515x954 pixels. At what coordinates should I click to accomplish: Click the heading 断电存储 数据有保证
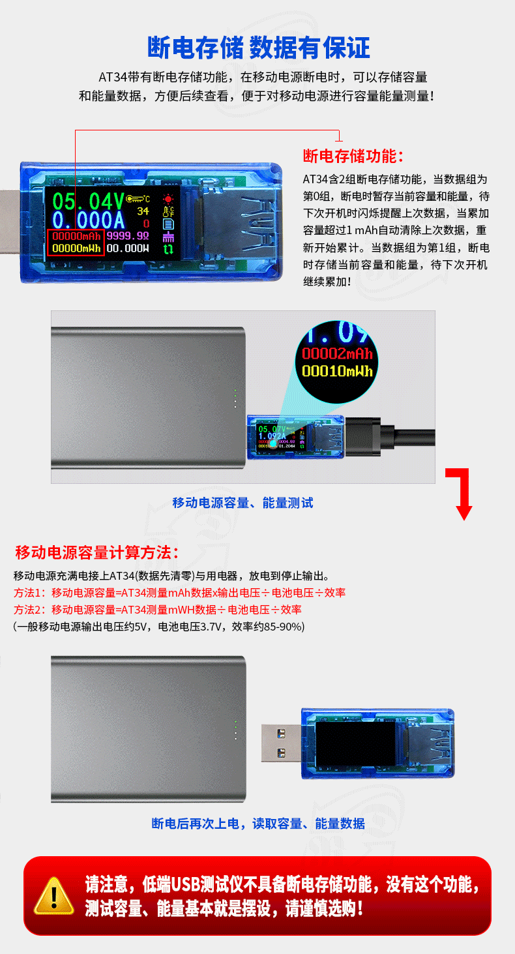[258, 47]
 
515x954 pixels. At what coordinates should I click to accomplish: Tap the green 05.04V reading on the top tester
[88, 199]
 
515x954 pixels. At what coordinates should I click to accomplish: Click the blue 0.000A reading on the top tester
[88, 219]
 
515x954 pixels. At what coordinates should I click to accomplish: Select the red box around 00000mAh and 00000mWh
[75, 242]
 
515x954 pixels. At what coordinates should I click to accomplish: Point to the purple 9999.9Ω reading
[128, 235]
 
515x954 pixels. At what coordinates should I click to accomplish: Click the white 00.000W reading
[128, 248]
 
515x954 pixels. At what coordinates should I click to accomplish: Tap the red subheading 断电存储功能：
[354, 157]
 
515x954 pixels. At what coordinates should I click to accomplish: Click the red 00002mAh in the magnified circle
[337, 354]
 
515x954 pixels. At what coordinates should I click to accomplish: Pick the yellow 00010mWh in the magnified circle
[337, 372]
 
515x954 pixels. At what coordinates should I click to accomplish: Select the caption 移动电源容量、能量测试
[243, 503]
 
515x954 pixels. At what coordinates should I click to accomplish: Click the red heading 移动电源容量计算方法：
[96, 553]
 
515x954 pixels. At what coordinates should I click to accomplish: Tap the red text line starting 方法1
[179, 593]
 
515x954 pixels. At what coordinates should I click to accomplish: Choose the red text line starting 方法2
[158, 610]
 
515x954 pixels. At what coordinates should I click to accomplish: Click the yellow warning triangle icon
[54, 896]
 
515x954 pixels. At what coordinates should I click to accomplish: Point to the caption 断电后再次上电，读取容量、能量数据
[258, 824]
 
